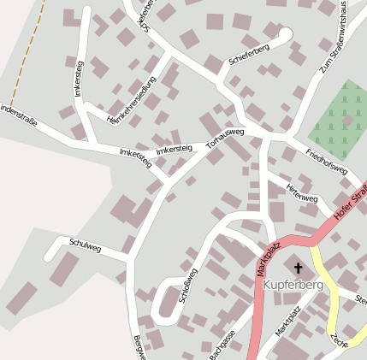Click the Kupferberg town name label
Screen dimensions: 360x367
[293, 285]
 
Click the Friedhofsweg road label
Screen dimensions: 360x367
[326, 161]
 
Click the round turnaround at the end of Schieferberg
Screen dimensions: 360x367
[285, 34]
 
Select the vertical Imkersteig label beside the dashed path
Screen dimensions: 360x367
[79, 78]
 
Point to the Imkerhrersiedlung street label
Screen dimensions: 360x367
[127, 108]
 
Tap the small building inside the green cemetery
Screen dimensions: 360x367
[347, 121]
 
